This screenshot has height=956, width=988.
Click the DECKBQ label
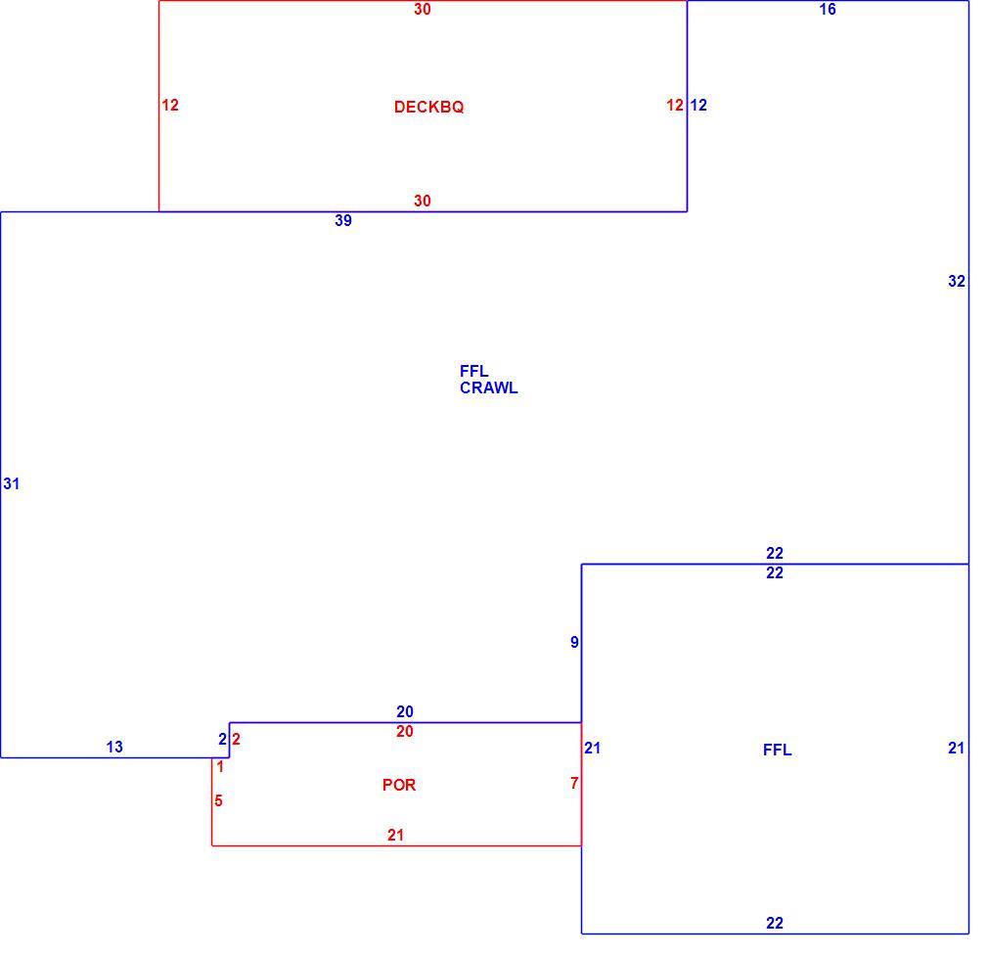pyautogui.click(x=429, y=107)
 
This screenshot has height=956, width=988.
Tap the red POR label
pyautogui.click(x=399, y=785)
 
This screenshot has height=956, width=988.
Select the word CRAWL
pyautogui.click(x=489, y=388)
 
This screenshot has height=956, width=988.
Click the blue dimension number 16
pyautogui.click(x=828, y=9)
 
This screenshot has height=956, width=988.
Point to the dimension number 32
pyautogui.click(x=957, y=281)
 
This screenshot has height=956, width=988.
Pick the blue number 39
pyautogui.click(x=343, y=220)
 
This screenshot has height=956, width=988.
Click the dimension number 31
pyautogui.click(x=12, y=483)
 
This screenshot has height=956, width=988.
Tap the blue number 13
pyautogui.click(x=114, y=747)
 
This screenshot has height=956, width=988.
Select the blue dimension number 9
pyautogui.click(x=574, y=642)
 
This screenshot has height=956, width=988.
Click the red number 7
pyautogui.click(x=574, y=783)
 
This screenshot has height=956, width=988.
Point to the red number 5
pyautogui.click(x=219, y=800)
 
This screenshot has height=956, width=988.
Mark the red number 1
pyautogui.click(x=220, y=767)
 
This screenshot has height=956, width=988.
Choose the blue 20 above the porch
pyautogui.click(x=405, y=711)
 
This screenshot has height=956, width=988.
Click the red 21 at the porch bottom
pyautogui.click(x=396, y=835)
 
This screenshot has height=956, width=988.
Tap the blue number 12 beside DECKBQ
pyautogui.click(x=698, y=106)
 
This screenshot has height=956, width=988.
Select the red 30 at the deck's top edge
pyautogui.click(x=423, y=9)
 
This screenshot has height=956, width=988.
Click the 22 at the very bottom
pyautogui.click(x=775, y=924)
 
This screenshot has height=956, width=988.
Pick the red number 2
pyautogui.click(x=237, y=739)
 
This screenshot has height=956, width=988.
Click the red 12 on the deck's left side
pyautogui.click(x=170, y=106)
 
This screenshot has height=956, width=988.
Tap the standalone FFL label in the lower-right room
pyautogui.click(x=778, y=750)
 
